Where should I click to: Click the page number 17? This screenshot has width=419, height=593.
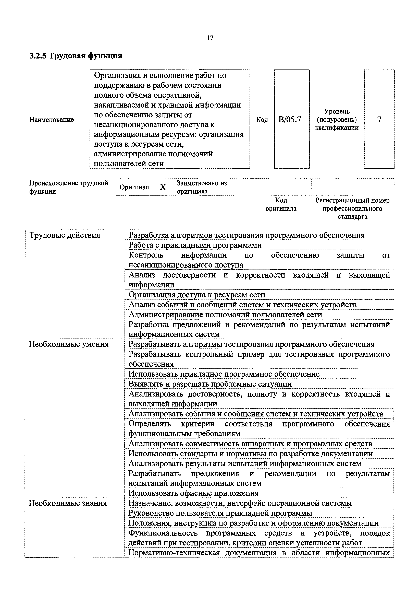(210, 38)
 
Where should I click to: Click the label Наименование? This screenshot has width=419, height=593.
(51, 120)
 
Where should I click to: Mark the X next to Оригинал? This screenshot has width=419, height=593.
(163, 187)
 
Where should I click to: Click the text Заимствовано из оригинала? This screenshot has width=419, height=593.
(202, 187)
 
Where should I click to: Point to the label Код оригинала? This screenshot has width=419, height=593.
(281, 204)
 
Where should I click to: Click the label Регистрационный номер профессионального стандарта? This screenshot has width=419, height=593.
(352, 208)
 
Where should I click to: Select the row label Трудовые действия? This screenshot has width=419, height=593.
(65, 235)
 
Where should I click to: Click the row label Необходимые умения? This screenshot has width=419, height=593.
(69, 344)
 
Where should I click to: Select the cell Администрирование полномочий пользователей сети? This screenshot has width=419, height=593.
(225, 315)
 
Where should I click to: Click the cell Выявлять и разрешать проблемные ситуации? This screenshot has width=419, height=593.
(210, 384)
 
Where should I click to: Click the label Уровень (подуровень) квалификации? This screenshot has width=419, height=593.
(337, 120)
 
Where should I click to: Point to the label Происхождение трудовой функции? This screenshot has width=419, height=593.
(68, 187)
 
